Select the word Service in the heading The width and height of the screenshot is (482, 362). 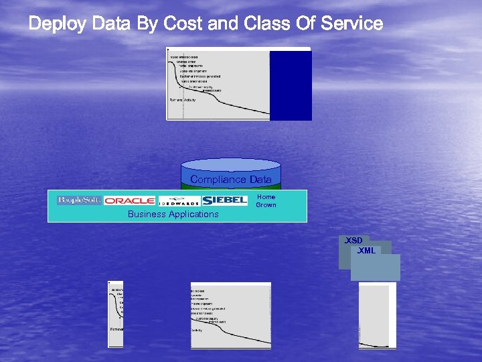(351, 24)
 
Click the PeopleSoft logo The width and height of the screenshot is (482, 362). (79, 200)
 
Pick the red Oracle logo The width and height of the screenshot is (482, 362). (130, 200)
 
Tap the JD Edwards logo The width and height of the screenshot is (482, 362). (179, 200)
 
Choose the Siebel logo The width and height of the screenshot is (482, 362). (225, 200)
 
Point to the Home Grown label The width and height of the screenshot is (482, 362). (266, 201)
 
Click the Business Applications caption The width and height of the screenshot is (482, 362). (173, 215)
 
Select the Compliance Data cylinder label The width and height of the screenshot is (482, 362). (231, 180)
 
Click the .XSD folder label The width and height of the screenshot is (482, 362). (353, 241)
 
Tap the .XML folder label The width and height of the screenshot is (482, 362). (366, 251)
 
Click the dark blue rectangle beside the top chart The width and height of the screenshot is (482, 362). (291, 86)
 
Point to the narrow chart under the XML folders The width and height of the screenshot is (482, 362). (377, 314)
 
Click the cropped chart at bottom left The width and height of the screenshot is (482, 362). (116, 314)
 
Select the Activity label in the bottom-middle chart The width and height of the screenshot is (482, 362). (197, 330)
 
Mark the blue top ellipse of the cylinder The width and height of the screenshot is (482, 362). (231, 164)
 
